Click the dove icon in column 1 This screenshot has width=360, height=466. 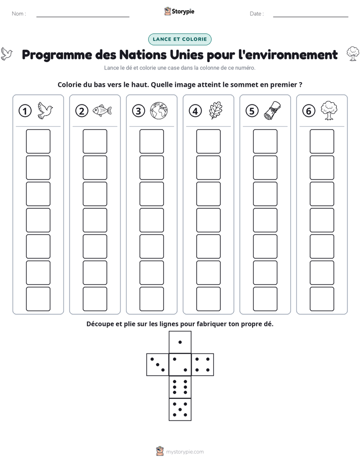[45, 110]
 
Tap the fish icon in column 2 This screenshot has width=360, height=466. [102, 110]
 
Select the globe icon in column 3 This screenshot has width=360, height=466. [159, 110]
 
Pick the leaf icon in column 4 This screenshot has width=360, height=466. [216, 110]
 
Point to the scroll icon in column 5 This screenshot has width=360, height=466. [273, 110]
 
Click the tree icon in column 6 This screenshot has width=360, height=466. [329, 110]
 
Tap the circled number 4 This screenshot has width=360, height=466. [195, 111]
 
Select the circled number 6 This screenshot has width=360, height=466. [309, 111]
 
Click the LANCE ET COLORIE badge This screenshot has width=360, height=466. [179, 39]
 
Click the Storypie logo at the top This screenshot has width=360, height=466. [179, 12]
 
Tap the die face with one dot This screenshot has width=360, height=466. [180, 342]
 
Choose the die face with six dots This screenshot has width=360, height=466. [180, 387]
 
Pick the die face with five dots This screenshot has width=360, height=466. [180, 410]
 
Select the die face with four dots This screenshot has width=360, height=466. [203, 365]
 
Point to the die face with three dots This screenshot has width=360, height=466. [157, 365]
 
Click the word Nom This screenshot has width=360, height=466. [18, 14]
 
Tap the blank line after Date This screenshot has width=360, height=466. [311, 17]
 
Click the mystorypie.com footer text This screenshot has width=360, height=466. [185, 452]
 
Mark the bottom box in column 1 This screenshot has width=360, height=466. [38, 299]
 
